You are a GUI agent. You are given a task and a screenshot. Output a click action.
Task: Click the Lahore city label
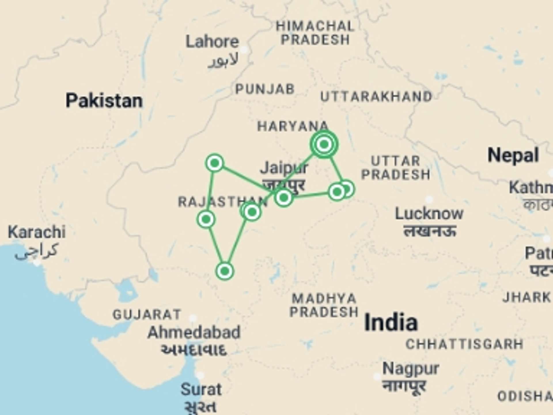(212, 42)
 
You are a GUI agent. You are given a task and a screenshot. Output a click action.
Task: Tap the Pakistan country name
(104, 101)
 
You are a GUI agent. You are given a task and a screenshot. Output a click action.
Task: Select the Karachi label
(37, 232)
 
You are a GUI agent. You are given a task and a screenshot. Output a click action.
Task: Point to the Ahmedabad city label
(194, 333)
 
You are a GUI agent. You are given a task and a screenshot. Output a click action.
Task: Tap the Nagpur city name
(411, 369)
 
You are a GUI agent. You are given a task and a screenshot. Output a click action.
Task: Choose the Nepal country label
(513, 155)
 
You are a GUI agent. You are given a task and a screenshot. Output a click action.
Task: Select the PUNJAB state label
(265, 89)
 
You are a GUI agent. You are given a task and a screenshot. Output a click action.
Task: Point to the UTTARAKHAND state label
(376, 97)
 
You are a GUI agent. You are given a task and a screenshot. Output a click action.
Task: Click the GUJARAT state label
(147, 315)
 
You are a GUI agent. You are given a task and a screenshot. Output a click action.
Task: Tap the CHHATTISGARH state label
(464, 344)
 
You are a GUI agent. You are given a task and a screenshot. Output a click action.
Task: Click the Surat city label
(201, 390)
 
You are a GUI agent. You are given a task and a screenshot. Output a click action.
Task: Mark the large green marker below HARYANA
(324, 144)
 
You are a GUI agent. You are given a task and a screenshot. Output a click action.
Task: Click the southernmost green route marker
(225, 271)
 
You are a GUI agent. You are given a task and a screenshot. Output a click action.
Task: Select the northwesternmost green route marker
(215, 163)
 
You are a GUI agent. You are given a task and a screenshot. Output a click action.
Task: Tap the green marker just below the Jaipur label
(284, 198)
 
